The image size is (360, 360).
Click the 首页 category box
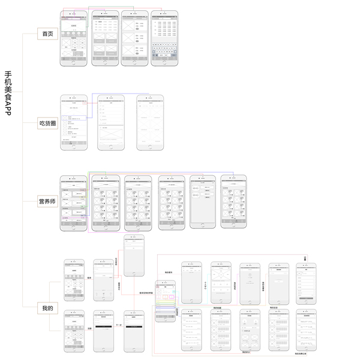(47, 34)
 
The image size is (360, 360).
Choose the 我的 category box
(47, 308)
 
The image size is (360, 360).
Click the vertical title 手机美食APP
(8, 92)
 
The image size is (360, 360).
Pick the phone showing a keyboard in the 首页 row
(165, 37)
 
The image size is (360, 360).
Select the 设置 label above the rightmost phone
(305, 259)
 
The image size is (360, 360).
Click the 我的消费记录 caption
(306, 354)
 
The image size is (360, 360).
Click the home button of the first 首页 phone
(74, 62)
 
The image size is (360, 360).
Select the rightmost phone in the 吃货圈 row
(149, 122)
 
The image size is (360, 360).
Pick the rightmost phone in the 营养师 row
(233, 202)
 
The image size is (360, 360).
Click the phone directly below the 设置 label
(306, 283)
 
